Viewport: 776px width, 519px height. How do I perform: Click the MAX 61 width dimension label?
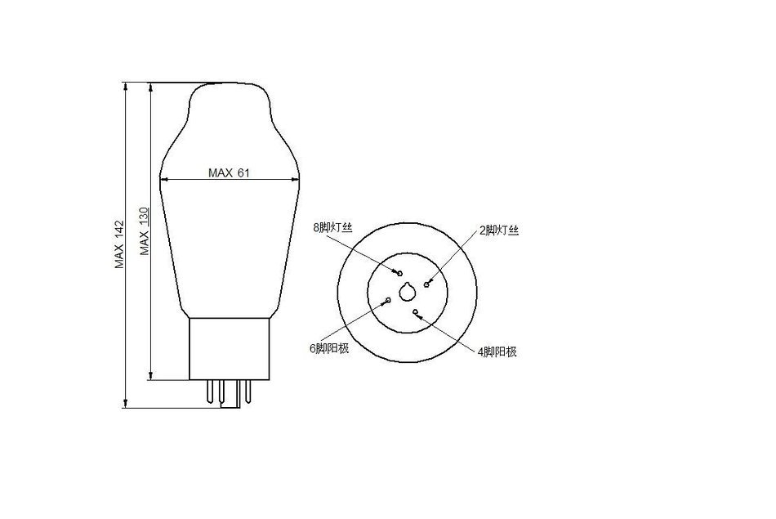pyautogui.click(x=229, y=172)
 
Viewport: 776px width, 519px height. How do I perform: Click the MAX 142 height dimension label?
pyautogui.click(x=120, y=244)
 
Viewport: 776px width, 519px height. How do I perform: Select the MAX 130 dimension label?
pyautogui.click(x=145, y=231)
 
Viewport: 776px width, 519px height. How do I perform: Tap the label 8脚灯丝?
pyautogui.click(x=332, y=228)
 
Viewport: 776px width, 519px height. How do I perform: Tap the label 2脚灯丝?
pyautogui.click(x=499, y=230)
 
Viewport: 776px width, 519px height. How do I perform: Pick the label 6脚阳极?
pyautogui.click(x=329, y=348)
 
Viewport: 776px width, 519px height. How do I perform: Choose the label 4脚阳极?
pyautogui.click(x=497, y=351)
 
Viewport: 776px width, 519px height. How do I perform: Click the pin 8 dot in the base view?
pyautogui.click(x=400, y=272)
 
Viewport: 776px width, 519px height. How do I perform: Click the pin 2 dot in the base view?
pyautogui.click(x=426, y=284)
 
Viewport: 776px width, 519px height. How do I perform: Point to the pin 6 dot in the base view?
pyautogui.click(x=389, y=300)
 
